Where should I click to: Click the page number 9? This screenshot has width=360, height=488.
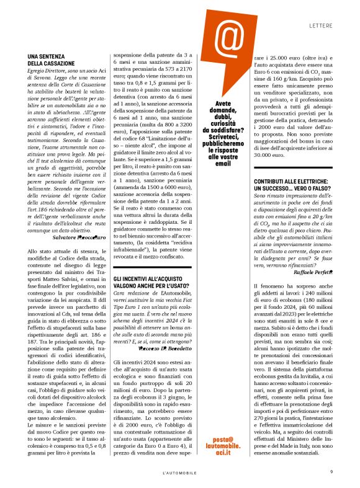pos(331,473)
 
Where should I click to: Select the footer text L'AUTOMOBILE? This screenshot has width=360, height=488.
pos(180,473)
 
